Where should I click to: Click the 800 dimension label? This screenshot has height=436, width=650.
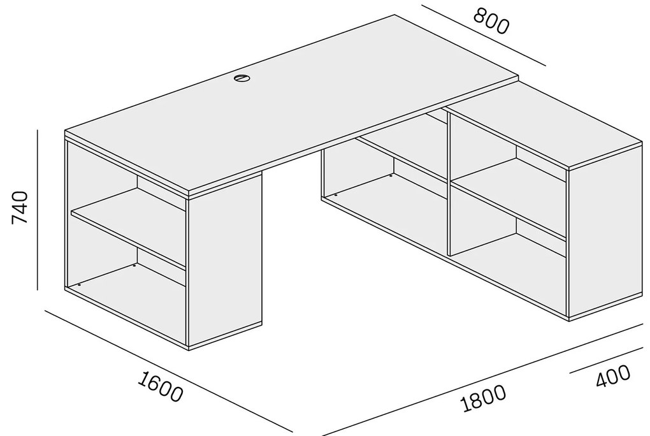click(x=491, y=21)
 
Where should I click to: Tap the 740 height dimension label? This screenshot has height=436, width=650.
click(x=20, y=208)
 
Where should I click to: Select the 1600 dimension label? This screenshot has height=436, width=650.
click(x=159, y=387)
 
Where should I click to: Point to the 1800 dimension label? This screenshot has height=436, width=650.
click(x=483, y=398)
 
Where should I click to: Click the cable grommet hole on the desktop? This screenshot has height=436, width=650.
click(x=242, y=78)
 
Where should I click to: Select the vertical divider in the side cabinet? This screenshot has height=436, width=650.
click(x=448, y=183)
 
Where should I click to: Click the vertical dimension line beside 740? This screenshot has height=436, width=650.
click(x=38, y=210)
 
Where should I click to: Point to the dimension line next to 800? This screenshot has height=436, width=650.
click(x=483, y=35)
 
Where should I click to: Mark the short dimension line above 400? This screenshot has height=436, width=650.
click(x=606, y=361)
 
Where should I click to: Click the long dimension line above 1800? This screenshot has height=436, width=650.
click(x=482, y=379)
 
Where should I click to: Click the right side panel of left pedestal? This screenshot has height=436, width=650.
click(x=225, y=261)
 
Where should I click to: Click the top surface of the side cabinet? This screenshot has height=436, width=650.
click(x=544, y=126)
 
